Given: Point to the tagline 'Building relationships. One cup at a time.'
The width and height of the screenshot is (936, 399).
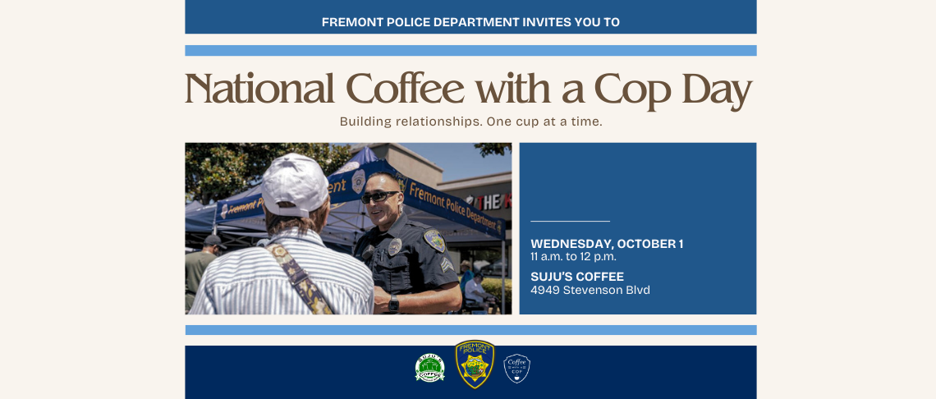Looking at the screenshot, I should pos(470,122).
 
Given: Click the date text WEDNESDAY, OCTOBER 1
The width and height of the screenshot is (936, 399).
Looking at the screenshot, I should pos(607,244).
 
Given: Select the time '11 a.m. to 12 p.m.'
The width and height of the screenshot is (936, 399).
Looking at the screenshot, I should pos(573,257).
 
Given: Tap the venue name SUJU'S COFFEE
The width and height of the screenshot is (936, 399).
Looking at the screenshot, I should pos(577,277).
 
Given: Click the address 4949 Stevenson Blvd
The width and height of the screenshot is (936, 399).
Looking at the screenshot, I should pos(590,290).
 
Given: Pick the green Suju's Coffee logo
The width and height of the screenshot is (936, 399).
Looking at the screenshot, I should pos(429,369).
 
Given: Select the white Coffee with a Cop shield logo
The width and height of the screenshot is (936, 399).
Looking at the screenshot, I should pos(516,369).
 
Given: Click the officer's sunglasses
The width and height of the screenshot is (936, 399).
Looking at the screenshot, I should pos(379,197).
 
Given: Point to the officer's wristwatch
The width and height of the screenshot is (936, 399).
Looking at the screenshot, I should pos(393,304).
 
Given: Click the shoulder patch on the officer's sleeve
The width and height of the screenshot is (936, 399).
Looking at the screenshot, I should pos(434,241).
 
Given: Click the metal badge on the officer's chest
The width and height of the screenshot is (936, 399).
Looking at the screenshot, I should pos(394,246).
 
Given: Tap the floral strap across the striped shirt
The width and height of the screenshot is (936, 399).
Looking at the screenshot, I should pos(300,275).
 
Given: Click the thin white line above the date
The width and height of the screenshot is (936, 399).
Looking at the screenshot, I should pos(570,221).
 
